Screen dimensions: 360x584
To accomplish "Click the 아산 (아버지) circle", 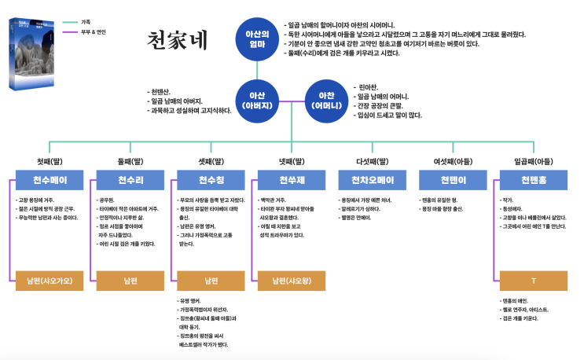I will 260,100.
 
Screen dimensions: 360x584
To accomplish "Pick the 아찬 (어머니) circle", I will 325,100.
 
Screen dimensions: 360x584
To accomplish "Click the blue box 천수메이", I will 50,180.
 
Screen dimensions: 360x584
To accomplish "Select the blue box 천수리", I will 130,180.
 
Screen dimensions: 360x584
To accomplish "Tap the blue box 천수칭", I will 211,180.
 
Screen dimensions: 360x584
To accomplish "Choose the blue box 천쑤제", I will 291,180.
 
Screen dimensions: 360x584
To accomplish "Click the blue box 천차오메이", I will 371,180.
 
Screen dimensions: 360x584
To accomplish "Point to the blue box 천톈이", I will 452,180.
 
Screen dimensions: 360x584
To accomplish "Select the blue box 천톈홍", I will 532,180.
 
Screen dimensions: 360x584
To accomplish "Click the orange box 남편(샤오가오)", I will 50,280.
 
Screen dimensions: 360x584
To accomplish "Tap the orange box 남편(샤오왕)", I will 291,280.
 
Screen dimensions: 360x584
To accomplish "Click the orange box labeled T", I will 532,280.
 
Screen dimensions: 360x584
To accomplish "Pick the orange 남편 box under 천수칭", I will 211,280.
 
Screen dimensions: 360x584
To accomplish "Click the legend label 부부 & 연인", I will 93,32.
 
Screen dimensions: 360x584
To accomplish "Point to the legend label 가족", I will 86,22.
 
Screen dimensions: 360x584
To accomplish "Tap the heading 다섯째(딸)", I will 372,161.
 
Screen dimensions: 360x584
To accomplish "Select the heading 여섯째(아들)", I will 452,161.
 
